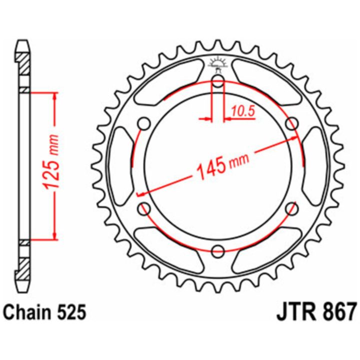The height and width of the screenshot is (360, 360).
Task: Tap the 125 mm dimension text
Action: tap(51, 162)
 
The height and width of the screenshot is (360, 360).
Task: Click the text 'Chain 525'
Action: tap(45, 312)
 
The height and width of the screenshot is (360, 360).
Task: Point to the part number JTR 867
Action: tap(316, 312)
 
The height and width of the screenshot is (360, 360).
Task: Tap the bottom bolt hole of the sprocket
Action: tap(218, 251)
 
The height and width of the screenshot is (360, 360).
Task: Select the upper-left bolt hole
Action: tap(144, 124)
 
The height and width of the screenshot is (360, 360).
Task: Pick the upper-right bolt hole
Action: tap(292, 124)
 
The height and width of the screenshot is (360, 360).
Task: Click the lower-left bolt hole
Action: tap(144, 209)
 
